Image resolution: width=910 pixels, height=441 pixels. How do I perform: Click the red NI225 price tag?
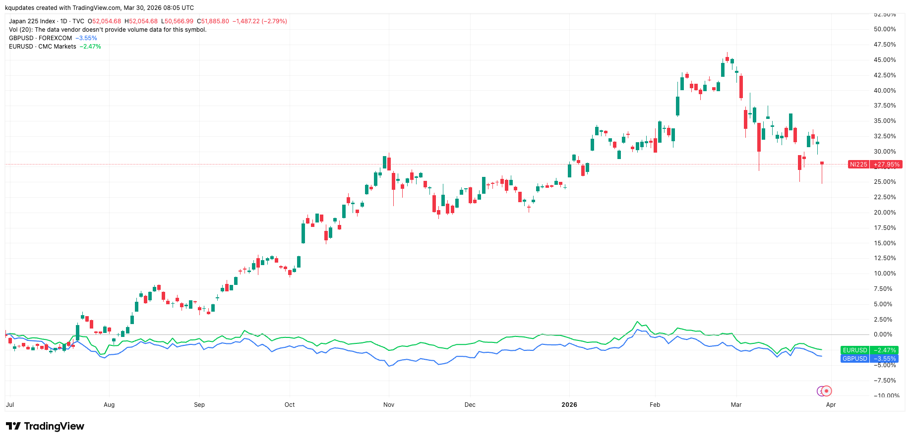pyautogui.click(x=875, y=165)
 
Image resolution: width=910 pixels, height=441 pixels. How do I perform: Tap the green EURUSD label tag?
pyautogui.click(x=870, y=350)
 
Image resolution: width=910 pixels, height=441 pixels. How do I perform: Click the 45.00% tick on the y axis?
pyautogui.click(x=885, y=60)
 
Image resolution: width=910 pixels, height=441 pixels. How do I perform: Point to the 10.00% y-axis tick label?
pyautogui.click(x=885, y=274)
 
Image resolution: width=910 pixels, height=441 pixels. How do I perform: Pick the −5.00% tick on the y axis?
pyautogui.click(x=885, y=365)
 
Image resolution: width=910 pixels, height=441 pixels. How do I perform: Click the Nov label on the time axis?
pyautogui.click(x=389, y=405)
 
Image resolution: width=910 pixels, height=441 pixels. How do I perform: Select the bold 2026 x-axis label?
pyautogui.click(x=569, y=405)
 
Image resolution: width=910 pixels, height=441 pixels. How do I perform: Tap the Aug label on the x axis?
pyautogui.click(x=109, y=405)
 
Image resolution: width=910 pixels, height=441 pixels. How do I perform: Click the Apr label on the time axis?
pyautogui.click(x=831, y=405)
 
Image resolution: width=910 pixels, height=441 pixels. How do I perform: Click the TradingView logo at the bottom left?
pyautogui.click(x=45, y=426)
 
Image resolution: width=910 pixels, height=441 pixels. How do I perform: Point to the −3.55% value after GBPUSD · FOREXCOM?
pyautogui.click(x=86, y=38)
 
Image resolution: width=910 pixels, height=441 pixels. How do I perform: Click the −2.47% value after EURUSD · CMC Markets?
pyautogui.click(x=90, y=47)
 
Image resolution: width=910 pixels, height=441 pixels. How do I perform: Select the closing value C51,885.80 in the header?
pyautogui.click(x=213, y=21)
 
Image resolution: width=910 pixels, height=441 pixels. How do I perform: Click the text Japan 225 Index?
pyautogui.click(x=32, y=21)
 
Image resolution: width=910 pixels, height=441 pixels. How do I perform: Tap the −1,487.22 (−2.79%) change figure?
pyautogui.click(x=260, y=21)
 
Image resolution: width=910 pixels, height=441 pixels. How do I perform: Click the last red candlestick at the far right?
pyautogui.click(x=822, y=164)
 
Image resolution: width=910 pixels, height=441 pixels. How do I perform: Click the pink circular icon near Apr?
pyautogui.click(x=826, y=391)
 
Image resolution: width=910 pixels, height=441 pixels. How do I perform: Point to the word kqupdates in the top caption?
pyautogui.click(x=19, y=8)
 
